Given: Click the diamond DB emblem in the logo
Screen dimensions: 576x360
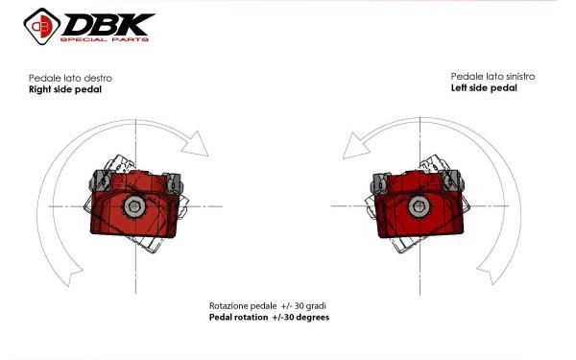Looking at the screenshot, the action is click(42, 26).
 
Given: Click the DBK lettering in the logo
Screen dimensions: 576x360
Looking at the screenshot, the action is click(109, 24).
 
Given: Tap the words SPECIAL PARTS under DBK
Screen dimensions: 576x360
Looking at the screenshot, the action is click(105, 39).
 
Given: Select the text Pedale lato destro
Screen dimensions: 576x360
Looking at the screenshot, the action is click(70, 78).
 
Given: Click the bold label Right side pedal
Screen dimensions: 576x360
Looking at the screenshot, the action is click(65, 89).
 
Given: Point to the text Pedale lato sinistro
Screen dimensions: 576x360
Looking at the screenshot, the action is click(492, 77).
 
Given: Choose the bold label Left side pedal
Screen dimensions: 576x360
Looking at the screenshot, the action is click(484, 87).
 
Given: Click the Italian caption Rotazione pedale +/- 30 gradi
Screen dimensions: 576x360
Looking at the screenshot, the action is click(268, 305).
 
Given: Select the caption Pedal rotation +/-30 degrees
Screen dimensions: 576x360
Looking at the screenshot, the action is click(269, 317).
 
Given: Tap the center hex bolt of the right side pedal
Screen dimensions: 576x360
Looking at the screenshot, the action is click(134, 206).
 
